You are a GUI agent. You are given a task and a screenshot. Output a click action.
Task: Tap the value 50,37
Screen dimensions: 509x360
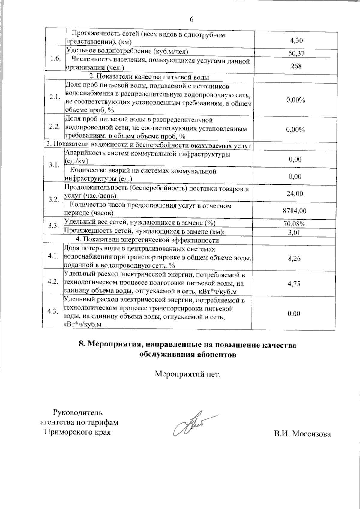tap(294, 53)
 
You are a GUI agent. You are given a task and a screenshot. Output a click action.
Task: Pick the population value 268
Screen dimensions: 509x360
tap(296, 66)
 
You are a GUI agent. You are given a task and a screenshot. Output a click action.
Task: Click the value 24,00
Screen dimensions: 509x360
tap(295, 194)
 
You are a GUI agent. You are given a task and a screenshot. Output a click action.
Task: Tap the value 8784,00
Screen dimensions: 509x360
tap(295, 211)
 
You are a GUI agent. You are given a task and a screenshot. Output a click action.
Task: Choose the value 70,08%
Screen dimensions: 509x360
tap(294, 224)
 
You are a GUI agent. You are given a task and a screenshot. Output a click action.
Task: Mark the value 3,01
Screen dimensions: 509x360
tap(294, 232)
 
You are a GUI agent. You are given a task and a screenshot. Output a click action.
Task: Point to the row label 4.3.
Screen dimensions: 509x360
tap(53, 311)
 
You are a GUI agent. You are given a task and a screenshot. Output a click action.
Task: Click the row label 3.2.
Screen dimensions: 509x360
tap(54, 199)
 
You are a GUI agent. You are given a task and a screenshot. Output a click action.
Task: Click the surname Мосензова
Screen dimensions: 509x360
tap(312, 434)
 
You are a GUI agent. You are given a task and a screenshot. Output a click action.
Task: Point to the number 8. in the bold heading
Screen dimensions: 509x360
tap(82, 345)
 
